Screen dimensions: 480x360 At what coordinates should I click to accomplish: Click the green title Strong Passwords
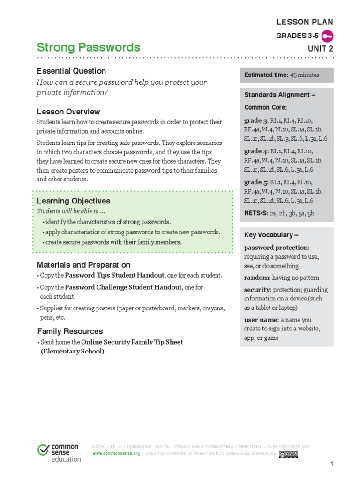[x=88, y=47]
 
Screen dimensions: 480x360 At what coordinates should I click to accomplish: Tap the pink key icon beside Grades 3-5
[x=328, y=36]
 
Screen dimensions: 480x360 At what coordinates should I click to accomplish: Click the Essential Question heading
[x=71, y=71]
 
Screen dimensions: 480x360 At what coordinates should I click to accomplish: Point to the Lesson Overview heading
[x=68, y=112]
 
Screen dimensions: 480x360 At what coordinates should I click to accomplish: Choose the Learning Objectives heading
[x=74, y=201]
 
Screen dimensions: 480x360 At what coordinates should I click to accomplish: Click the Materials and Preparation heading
[x=84, y=265]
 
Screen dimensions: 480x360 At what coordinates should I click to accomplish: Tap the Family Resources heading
[x=70, y=331]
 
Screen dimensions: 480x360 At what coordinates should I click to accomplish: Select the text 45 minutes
[x=305, y=75]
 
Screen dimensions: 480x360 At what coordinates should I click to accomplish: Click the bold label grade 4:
[x=256, y=151]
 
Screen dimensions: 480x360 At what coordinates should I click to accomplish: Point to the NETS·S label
[x=255, y=213]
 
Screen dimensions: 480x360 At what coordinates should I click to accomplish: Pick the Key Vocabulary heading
[x=271, y=235]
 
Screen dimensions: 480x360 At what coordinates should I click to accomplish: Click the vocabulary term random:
[x=257, y=277]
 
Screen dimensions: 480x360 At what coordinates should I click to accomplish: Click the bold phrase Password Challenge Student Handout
[x=123, y=287]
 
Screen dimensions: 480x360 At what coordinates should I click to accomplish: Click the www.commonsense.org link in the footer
[x=116, y=454]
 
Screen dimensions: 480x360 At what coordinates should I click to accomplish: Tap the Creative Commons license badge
[x=288, y=454]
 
